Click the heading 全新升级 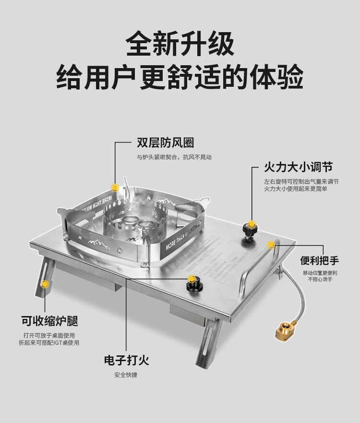click(x=180, y=44)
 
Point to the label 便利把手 click(x=320, y=260)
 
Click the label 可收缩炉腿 click(x=49, y=320)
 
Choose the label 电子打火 click(x=126, y=360)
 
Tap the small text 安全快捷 click(x=126, y=375)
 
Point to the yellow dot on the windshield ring click(x=115, y=188)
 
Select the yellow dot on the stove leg click(x=45, y=284)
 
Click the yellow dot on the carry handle click(x=271, y=245)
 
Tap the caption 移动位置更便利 click(x=320, y=273)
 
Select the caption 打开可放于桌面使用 click(x=49, y=335)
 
